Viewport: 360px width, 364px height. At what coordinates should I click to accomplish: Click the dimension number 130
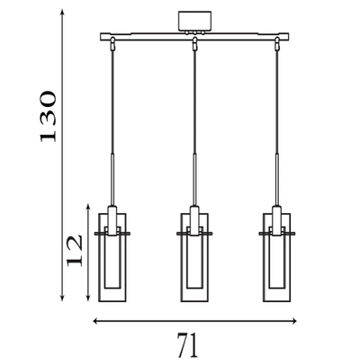(48, 116)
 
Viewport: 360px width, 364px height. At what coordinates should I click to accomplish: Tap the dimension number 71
(188, 345)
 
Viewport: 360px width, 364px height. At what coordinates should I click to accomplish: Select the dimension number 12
(74, 251)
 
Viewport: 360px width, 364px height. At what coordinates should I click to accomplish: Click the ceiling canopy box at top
(194, 21)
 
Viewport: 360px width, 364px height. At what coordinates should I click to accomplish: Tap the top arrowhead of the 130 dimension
(62, 12)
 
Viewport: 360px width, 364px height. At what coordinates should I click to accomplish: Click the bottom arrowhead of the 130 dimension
(62, 297)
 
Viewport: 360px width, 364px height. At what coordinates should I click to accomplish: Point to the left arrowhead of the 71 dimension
(96, 321)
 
